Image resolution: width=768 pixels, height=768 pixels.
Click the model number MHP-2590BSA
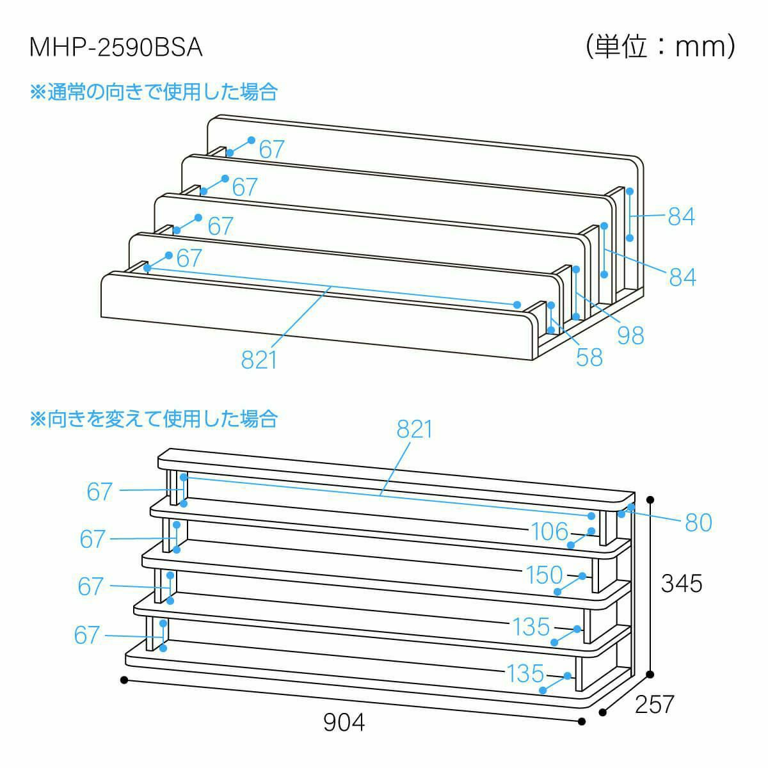coord(116,48)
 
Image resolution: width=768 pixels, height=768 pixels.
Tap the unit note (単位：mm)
coord(660,46)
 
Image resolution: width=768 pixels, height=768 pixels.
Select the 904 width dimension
coord(344,723)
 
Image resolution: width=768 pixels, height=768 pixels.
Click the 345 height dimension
coord(682,583)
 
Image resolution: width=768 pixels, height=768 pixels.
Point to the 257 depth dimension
coord(655,704)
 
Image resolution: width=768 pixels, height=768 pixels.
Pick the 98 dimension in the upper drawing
coord(630,335)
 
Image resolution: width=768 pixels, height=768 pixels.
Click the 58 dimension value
coord(589,357)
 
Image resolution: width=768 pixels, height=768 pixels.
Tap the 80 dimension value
coord(698,523)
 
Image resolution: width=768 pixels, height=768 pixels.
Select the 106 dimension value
coord(549,531)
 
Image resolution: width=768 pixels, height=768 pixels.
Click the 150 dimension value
coord(544,575)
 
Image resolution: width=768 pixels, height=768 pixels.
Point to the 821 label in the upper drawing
coord(259,360)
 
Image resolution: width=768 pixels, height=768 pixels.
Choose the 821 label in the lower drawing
coord(415,429)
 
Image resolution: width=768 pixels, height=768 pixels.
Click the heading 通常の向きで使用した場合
coord(154,92)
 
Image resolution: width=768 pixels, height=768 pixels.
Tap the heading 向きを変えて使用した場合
coord(154,419)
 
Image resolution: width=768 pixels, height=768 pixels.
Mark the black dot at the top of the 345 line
coord(651,499)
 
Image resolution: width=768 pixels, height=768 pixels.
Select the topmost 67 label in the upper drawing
coord(271,150)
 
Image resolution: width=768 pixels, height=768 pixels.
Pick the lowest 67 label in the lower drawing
coord(87,635)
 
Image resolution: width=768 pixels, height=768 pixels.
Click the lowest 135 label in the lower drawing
coord(525,673)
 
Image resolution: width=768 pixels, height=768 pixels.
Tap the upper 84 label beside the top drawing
coord(681,217)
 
